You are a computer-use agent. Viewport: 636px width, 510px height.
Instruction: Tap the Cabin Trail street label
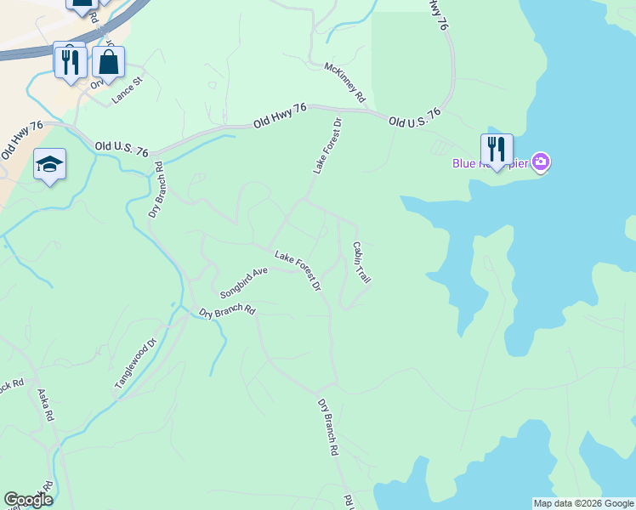(362, 262)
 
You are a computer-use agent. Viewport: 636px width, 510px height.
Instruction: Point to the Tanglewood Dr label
(136, 365)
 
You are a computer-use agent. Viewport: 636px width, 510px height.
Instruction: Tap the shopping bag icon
(109, 62)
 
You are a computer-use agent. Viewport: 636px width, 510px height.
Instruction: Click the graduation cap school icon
(49, 164)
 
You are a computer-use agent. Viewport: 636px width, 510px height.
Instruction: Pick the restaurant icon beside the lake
(497, 150)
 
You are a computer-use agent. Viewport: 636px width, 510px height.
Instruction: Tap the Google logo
(28, 500)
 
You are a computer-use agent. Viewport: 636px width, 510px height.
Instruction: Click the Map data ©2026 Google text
(582, 503)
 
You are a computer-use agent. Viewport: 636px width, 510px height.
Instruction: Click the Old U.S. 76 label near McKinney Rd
(415, 117)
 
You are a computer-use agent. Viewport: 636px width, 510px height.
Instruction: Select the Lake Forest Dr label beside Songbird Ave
(298, 269)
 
